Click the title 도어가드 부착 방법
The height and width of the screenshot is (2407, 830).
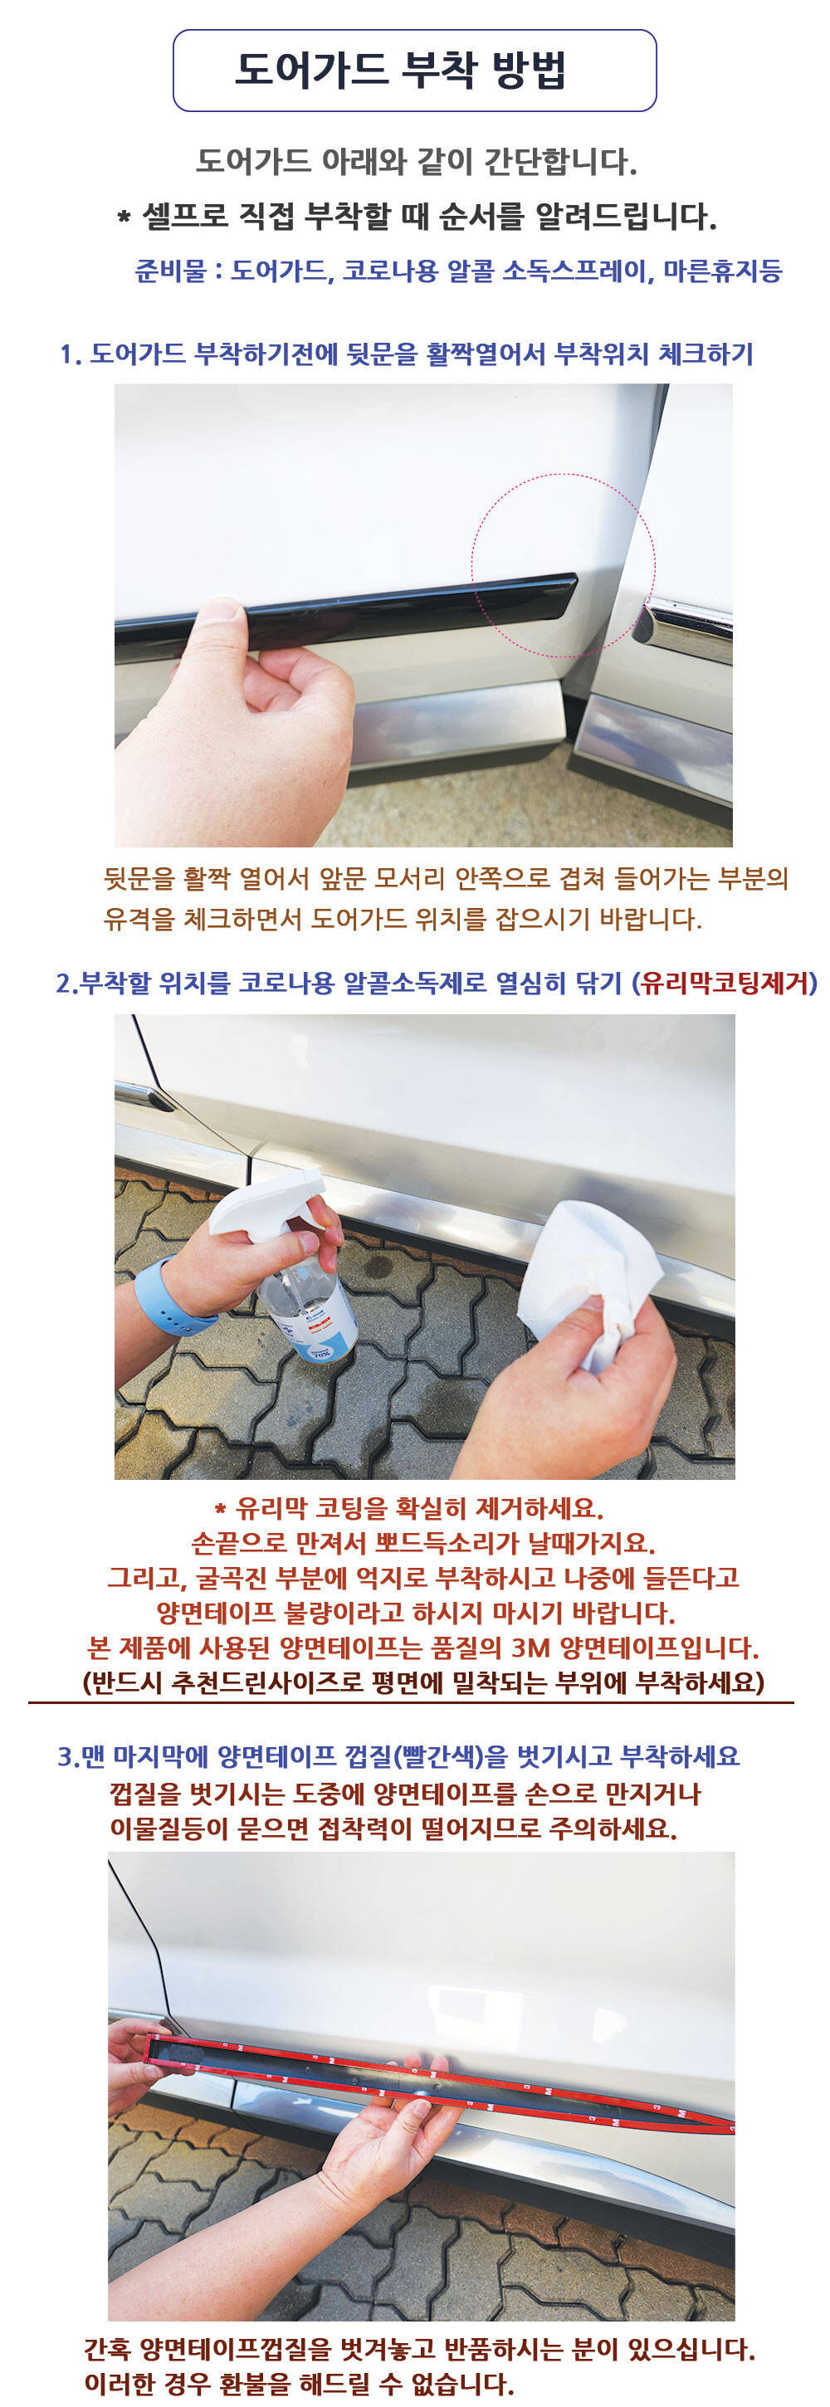pos(400,70)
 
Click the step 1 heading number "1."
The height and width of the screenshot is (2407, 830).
pos(69,354)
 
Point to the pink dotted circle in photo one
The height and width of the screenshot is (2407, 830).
pos(564,475)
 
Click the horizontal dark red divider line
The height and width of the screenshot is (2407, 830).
pos(411,1703)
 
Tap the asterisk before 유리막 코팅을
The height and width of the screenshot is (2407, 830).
pos(221,1509)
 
